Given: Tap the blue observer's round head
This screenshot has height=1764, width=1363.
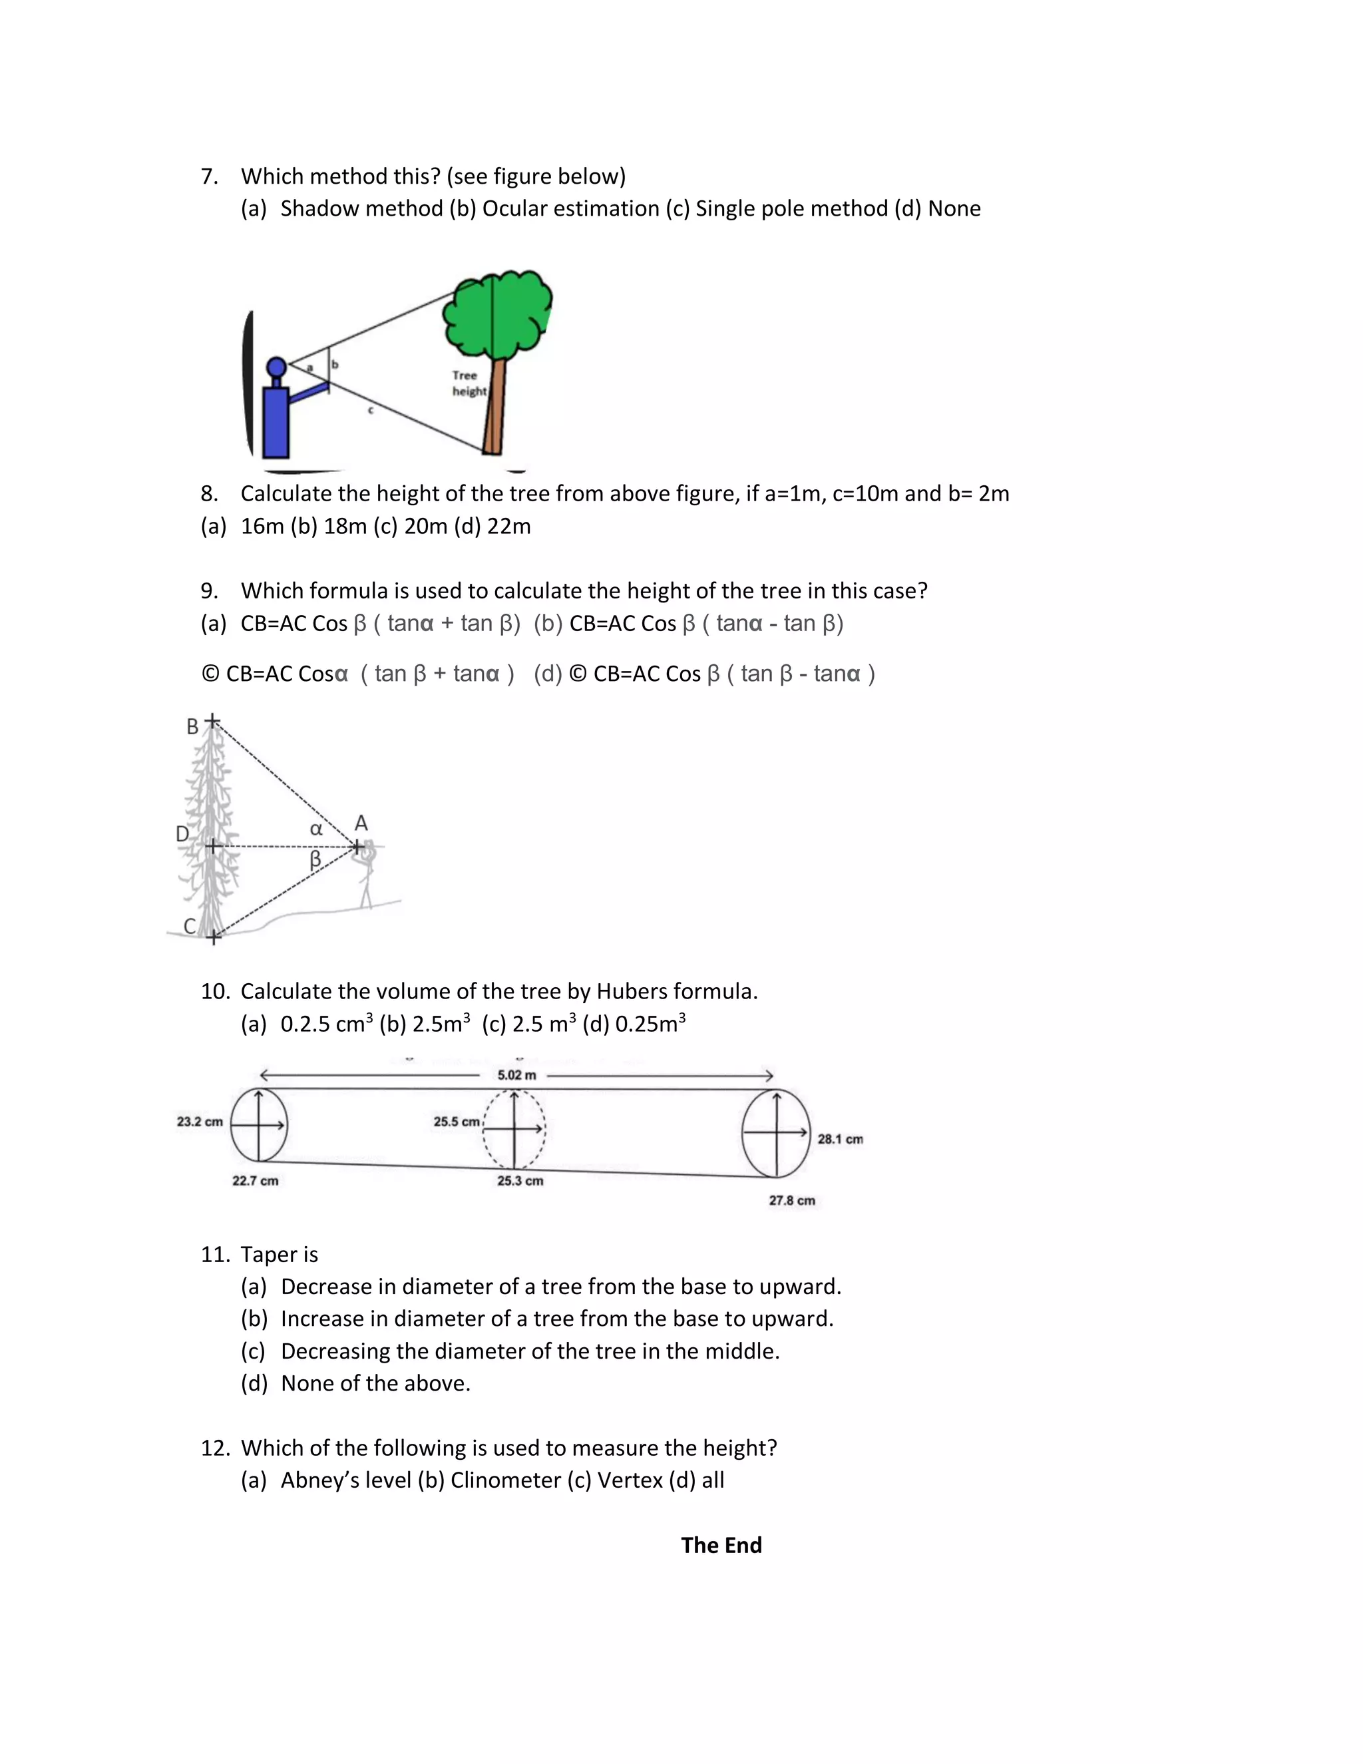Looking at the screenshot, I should click(277, 367).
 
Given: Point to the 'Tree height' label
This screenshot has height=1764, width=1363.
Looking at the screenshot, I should click(469, 383).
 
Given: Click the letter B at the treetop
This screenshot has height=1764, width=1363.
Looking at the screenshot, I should click(192, 727).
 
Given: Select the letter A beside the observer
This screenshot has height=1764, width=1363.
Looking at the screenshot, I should click(361, 823).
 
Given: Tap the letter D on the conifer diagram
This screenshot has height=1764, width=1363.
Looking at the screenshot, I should click(182, 833).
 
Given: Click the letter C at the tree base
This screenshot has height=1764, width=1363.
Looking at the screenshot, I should click(190, 927).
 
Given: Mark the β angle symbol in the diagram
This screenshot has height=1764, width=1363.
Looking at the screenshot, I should click(315, 860).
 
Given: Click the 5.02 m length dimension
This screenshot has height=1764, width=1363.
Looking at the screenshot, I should click(516, 1075).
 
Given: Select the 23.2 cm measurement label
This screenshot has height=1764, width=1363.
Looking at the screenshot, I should click(200, 1122).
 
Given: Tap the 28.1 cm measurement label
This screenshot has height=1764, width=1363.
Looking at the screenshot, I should click(840, 1139).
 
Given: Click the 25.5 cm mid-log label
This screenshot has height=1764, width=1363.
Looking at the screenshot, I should click(456, 1122).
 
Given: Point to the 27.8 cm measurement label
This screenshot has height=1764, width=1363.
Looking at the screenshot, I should click(791, 1201).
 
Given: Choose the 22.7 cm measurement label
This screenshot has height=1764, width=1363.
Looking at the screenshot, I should click(255, 1181).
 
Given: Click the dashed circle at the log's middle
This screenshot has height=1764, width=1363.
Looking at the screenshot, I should click(514, 1128).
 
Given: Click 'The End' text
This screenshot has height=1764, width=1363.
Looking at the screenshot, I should click(721, 1545).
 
